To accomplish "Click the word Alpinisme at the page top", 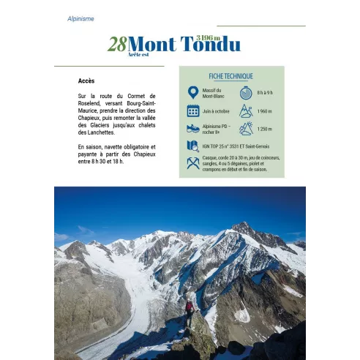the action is (80, 18).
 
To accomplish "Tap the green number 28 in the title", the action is (116, 45).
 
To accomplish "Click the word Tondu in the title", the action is (210, 45).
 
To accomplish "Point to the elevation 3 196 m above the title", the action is (208, 37).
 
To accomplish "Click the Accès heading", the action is (86, 80).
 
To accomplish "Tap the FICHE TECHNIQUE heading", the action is (230, 76).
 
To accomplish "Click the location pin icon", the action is (192, 93).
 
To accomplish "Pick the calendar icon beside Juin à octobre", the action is (192, 110).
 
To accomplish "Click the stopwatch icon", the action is (246, 93).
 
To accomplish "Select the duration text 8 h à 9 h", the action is (265, 93).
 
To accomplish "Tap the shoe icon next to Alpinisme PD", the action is (192, 128).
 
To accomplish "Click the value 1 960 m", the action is (265, 110).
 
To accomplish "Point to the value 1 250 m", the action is (265, 128).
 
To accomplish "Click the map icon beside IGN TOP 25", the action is (192, 146).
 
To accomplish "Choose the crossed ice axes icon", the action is (192, 163).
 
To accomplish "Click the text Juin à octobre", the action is (216, 110).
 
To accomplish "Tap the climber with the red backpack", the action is (189, 304).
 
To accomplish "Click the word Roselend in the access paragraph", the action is (91, 103).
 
